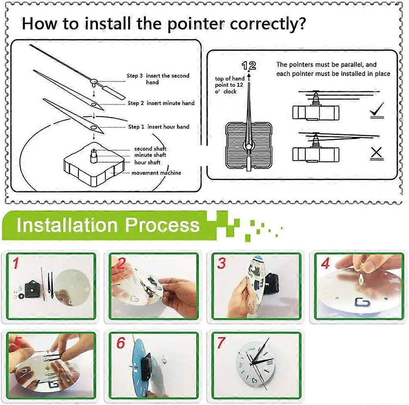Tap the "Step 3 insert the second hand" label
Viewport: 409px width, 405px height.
158,79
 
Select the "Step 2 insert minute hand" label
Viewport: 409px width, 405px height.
161,103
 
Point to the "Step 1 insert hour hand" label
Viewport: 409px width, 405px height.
158,127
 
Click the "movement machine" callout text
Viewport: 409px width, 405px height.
156,173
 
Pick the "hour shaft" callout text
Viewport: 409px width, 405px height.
147,162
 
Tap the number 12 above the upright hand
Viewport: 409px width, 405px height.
248,66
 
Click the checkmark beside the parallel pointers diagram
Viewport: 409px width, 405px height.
377,110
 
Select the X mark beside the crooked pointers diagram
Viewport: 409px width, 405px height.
376,153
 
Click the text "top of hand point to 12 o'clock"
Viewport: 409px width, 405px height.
229,85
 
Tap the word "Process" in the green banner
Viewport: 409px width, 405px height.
162,225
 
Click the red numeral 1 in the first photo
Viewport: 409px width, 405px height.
16,263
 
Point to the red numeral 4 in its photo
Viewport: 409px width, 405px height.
325,263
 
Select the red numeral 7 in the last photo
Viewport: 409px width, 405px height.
221,342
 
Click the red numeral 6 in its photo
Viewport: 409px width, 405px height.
121,343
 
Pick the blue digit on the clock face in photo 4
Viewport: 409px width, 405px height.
362,303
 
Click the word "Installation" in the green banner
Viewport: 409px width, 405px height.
67,225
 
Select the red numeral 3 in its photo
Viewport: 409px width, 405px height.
222,263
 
